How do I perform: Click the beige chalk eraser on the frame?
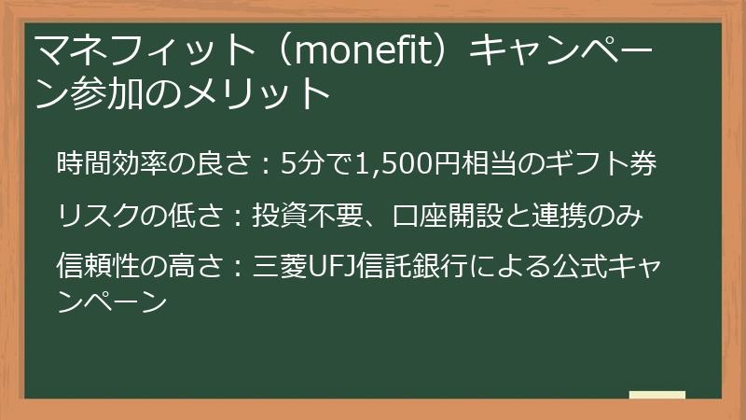[656, 395]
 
